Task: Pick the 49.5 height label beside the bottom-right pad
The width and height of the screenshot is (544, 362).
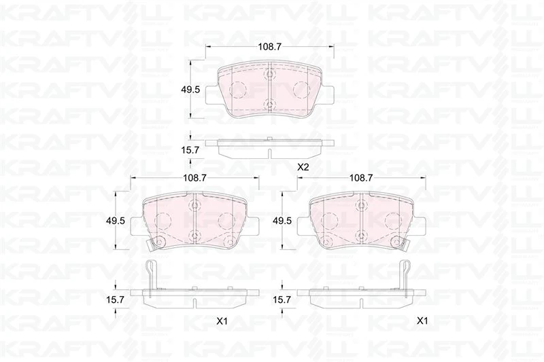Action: point(282,221)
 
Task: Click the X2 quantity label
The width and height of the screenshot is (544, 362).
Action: point(303,167)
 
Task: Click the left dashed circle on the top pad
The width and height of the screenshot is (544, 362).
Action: point(238,88)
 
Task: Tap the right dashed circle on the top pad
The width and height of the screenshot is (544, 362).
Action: point(300,88)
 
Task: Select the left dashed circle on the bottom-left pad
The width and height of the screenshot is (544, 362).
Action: point(163,220)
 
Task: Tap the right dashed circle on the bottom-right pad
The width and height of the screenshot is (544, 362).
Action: point(392,220)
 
